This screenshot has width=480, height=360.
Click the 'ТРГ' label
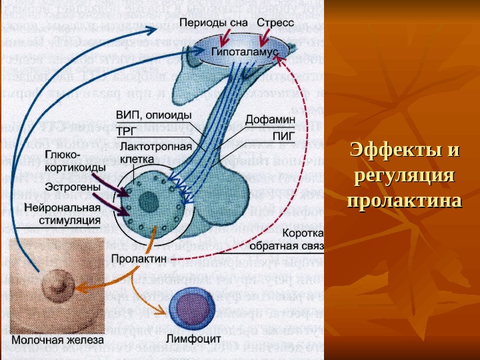click(x=127, y=131)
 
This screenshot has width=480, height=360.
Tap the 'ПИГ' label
click(x=283, y=134)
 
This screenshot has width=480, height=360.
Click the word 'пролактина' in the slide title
click(x=405, y=201)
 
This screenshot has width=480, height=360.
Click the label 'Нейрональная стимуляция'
click(x=63, y=213)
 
